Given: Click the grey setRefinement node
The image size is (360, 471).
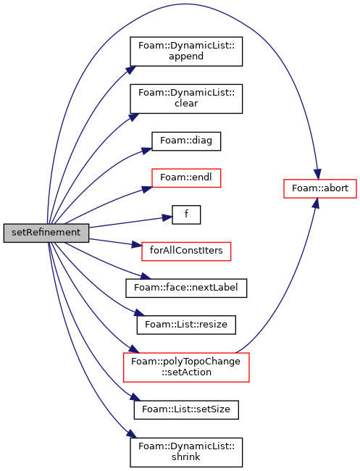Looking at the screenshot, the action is click(46, 233).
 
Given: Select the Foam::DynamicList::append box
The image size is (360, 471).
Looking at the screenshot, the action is click(186, 51).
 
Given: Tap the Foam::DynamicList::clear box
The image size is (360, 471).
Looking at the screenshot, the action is click(186, 99).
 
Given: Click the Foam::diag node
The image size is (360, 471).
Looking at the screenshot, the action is click(186, 141).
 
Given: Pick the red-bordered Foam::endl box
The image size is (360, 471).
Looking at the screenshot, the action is click(186, 178).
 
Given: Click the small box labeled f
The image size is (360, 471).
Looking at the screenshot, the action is click(186, 214).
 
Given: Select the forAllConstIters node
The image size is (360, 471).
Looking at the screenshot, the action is click(186, 251).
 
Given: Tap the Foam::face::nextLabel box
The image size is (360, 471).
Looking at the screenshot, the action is click(186, 288).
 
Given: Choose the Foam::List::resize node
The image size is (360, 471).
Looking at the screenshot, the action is click(186, 325).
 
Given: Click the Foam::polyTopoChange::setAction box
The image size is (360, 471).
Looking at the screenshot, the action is click(186, 367).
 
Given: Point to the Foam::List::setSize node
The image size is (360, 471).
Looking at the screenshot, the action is click(186, 409).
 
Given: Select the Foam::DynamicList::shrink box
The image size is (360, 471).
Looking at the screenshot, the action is click(186, 452).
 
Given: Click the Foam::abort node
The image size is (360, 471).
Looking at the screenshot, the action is click(320, 188).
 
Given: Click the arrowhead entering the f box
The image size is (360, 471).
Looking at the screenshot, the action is click(167, 217).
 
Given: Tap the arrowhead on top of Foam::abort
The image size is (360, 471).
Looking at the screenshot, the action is click(318, 174).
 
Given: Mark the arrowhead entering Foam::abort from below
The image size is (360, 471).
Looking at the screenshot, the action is click(315, 204).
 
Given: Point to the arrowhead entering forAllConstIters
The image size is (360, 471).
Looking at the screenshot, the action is click(137, 244).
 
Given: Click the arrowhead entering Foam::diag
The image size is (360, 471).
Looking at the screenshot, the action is click(147, 151).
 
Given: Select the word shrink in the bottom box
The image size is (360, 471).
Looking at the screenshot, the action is click(186, 457).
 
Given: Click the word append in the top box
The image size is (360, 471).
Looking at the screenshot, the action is click(186, 57).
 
